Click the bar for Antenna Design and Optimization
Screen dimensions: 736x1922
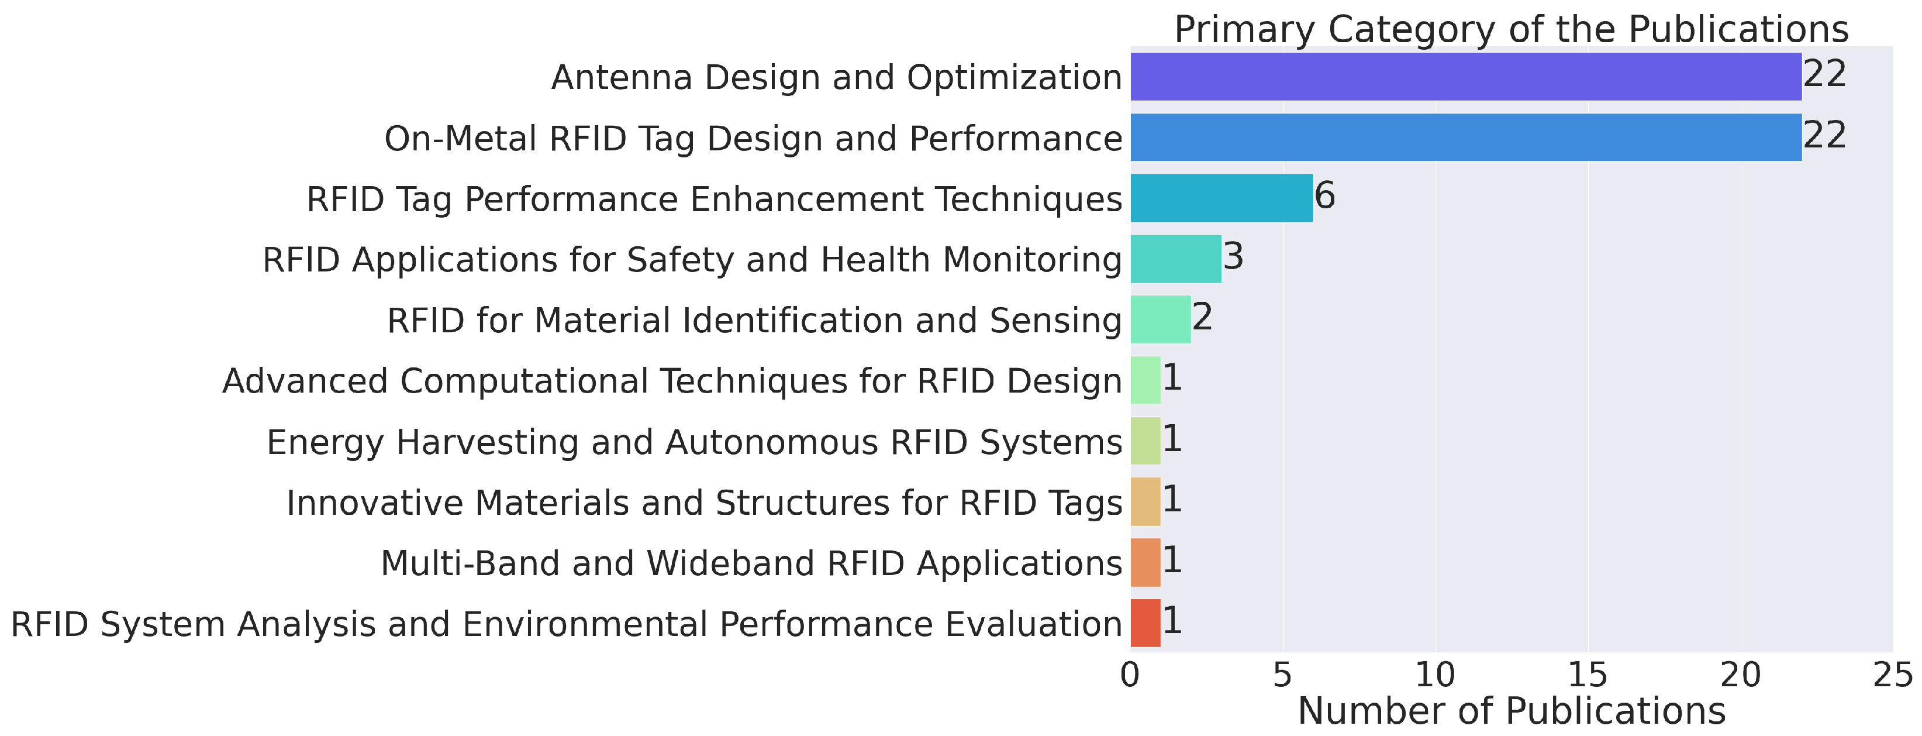pos(1465,76)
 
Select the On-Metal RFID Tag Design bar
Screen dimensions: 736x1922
pos(1465,137)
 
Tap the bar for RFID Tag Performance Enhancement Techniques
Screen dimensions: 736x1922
pos(1221,198)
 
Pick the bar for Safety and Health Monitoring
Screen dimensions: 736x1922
pos(1176,259)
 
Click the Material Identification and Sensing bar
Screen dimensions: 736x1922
pos(1160,319)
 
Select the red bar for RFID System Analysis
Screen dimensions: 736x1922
pos(1145,622)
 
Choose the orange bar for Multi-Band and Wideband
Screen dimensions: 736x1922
pos(1145,562)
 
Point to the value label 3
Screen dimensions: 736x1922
pos(1233,257)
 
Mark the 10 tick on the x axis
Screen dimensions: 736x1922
pos(1435,676)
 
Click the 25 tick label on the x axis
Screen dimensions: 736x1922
pos(1893,676)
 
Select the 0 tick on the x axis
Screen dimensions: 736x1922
pos(1130,676)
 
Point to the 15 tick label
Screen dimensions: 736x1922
pos(1587,676)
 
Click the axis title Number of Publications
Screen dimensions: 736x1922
pos(1512,711)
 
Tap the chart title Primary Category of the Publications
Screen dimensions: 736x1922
pos(1512,30)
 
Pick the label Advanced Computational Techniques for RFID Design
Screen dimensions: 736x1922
pos(671,381)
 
